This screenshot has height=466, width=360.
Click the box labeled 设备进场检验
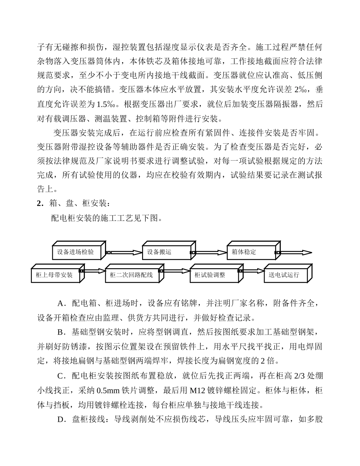[76, 252]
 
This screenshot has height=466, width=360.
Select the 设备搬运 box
[166, 252]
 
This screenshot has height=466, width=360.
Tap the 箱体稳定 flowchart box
[250, 252]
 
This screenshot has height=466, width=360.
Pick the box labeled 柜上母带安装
[55, 275]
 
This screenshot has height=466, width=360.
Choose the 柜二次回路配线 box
[131, 275]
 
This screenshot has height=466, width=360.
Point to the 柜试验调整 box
[213, 275]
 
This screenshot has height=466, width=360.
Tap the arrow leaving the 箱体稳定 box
[296, 252]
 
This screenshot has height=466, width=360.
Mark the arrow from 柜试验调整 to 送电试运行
[252, 271]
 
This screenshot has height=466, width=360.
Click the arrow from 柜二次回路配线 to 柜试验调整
[176, 271]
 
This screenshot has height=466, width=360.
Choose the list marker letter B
[61, 332]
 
